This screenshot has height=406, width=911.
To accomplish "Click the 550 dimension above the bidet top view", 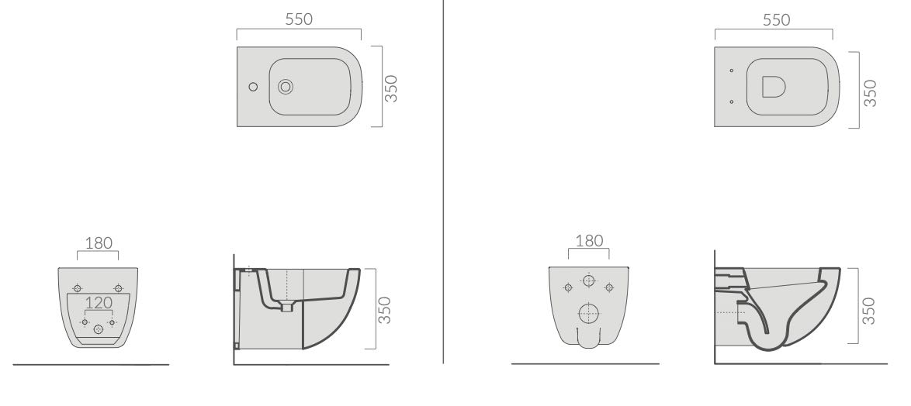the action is (299, 19).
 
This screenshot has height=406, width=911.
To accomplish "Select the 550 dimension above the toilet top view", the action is (776, 19).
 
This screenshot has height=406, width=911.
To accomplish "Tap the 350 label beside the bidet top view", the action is (392, 88).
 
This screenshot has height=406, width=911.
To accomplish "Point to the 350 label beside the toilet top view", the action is (870, 93).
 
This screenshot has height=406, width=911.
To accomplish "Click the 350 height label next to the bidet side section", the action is (384, 310).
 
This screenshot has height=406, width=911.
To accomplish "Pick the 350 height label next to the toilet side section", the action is (868, 310).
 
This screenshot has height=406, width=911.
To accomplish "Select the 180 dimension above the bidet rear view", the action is (99, 243).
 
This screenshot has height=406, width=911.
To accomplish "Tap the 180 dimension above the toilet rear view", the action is (589, 241).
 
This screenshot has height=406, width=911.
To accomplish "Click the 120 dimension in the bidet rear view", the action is (99, 303).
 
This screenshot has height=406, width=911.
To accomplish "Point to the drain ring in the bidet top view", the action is (286, 87).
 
